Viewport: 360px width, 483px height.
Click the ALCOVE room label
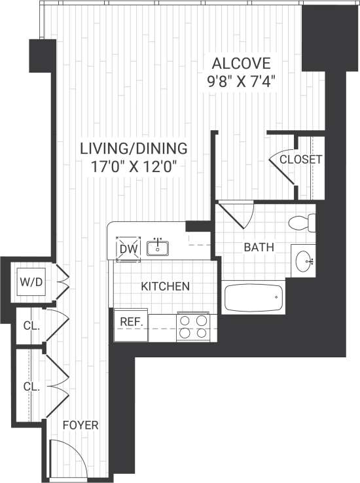coord(240,63)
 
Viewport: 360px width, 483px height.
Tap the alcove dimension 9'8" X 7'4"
coord(240,82)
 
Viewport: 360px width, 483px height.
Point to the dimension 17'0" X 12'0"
coord(134,166)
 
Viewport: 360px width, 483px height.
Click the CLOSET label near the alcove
coord(300,160)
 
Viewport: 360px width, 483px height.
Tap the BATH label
coord(259,247)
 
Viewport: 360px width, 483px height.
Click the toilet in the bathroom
coord(303,223)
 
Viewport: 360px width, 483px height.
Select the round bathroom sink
coord(305,263)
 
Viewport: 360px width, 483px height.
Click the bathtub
coord(253,298)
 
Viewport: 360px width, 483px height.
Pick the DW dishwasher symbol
coord(127,249)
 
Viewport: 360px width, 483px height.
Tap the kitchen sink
coord(158,248)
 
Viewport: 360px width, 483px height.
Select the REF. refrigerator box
coord(130,322)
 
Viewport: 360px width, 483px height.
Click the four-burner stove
coord(194,327)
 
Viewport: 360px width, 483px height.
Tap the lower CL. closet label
coord(31,387)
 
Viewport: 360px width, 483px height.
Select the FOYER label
coord(80,425)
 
